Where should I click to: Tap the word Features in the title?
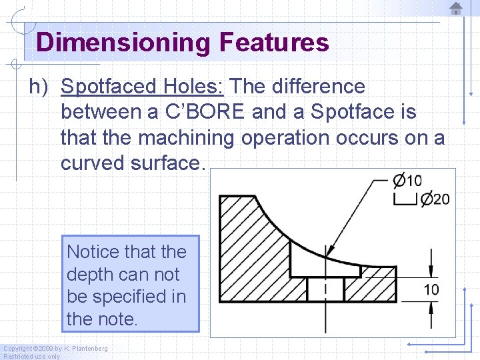tap(273, 43)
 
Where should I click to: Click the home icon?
tap(456, 9)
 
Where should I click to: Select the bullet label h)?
tap(40, 87)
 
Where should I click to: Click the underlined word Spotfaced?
tap(108, 87)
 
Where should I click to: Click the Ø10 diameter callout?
tap(407, 181)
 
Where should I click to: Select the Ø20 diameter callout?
tap(435, 199)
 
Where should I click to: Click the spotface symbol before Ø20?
tap(405, 199)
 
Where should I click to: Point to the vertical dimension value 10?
tap(431, 289)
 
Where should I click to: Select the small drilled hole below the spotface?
tap(325, 289)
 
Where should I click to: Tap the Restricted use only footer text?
tap(31, 356)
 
